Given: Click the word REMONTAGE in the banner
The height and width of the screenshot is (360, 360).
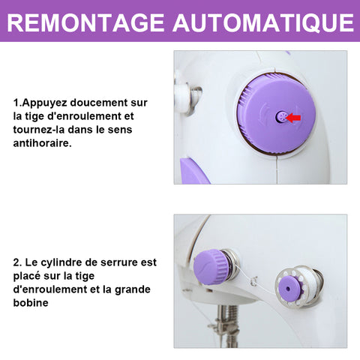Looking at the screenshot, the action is [85, 22].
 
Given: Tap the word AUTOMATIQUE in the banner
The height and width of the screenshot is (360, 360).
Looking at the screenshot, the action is [263, 23].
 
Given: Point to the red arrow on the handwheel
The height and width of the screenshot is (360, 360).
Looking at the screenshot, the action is [293, 118].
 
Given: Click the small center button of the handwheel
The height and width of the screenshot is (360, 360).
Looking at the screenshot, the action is [280, 117].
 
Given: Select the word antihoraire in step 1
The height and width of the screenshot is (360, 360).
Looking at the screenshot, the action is [42, 143].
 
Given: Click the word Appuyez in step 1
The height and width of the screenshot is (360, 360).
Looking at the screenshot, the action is [44, 103].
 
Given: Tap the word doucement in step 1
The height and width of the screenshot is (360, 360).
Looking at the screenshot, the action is [99, 103].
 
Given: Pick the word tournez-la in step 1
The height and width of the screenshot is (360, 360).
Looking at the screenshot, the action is [39, 130].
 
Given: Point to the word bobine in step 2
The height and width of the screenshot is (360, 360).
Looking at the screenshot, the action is [31, 303].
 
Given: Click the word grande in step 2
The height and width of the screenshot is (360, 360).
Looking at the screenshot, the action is [133, 289].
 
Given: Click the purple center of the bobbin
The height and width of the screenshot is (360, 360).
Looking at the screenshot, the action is [289, 288].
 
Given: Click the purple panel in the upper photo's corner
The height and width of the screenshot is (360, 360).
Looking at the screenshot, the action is [193, 171].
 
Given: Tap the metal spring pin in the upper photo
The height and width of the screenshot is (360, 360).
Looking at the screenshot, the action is [196, 100].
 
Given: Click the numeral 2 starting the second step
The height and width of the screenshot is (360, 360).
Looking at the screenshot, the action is [16, 262].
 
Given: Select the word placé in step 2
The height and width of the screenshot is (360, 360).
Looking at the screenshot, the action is [27, 276].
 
